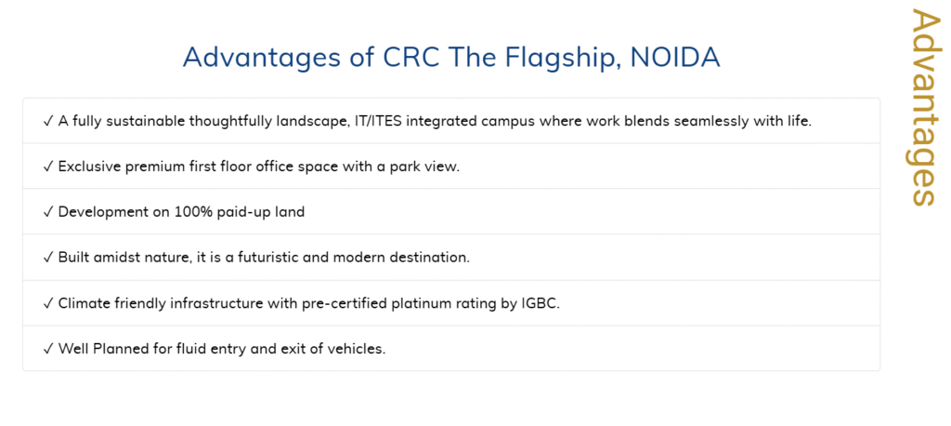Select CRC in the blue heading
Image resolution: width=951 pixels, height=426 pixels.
tap(410, 57)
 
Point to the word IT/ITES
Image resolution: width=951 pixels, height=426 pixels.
tap(379, 121)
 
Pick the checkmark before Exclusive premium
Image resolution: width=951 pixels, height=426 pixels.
tap(48, 166)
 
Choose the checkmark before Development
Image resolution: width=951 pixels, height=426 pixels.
tap(48, 212)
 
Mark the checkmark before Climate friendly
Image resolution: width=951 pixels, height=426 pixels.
tap(48, 303)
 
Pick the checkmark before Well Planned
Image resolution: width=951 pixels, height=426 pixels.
tap(48, 349)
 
